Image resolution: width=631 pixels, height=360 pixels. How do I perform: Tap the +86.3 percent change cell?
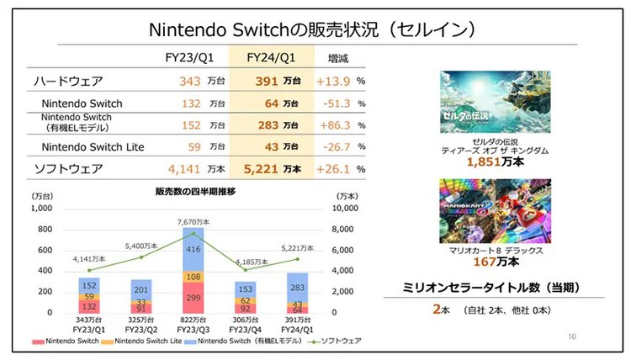coord(333,124)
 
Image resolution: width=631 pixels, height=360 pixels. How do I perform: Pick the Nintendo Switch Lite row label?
coord(93,147)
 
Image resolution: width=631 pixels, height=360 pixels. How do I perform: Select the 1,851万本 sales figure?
coord(495,161)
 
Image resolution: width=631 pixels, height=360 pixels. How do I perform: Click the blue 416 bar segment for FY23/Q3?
coord(192,250)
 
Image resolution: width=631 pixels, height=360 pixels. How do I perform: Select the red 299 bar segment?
coord(192,297)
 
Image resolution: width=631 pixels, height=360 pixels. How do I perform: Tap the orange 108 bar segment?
coord(192,277)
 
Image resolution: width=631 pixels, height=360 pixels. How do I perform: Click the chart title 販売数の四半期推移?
coord(195,192)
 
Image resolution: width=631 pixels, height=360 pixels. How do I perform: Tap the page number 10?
coord(572,336)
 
